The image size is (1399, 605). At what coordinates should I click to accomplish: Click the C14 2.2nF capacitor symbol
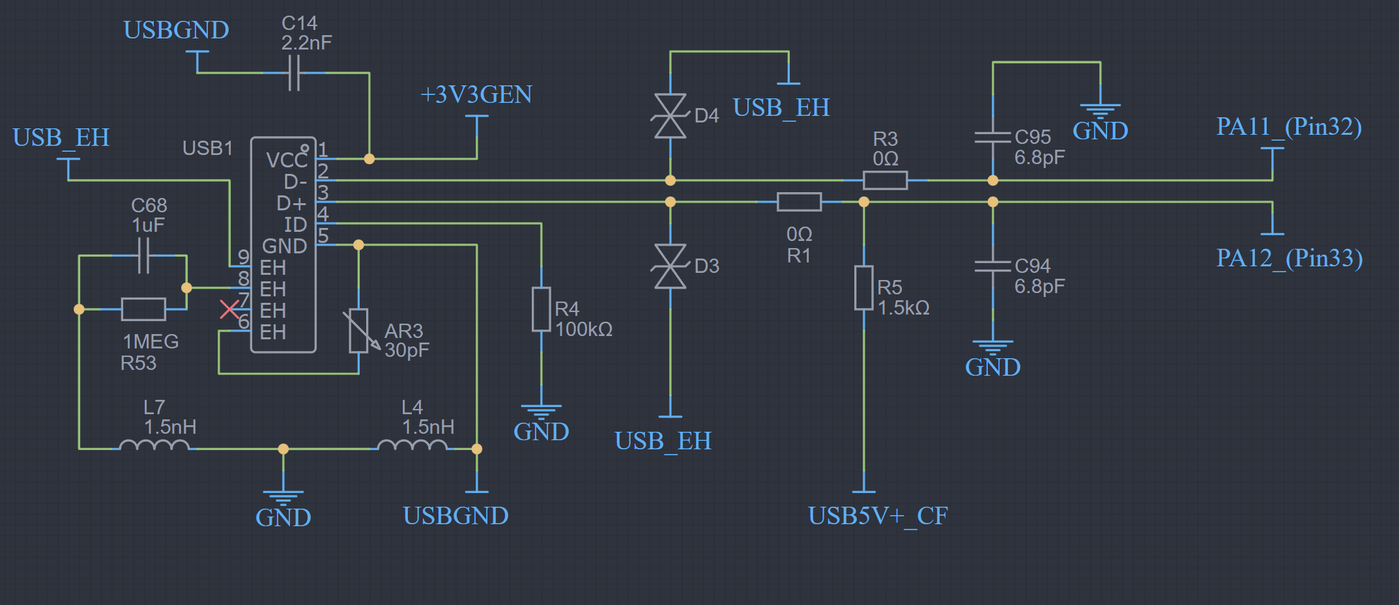click(294, 72)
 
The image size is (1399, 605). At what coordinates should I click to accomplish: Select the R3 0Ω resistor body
click(885, 180)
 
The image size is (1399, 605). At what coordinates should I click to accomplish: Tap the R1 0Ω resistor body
click(799, 202)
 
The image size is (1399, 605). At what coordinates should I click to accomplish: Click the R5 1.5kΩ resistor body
click(864, 287)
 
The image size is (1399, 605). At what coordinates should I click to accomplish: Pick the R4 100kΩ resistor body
click(541, 309)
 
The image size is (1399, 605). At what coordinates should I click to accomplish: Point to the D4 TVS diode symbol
click(671, 116)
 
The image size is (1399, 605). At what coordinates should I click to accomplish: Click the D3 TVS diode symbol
click(671, 266)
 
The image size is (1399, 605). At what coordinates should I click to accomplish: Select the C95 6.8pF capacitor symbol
click(992, 137)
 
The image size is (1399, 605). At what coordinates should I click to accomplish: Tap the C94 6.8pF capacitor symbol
click(992, 266)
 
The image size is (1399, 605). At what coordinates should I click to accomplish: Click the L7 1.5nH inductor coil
click(154, 445)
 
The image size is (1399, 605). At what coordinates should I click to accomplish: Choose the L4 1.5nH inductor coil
click(412, 445)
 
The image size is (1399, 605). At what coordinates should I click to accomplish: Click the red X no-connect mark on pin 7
click(229, 309)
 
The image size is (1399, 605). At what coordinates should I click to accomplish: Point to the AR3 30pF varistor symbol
click(359, 331)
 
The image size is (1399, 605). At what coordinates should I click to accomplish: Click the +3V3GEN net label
click(476, 95)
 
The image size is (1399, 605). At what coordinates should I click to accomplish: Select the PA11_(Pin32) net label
click(1289, 126)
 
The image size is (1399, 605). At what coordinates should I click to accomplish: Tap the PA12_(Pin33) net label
click(1289, 258)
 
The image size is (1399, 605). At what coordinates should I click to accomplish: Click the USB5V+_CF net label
click(877, 516)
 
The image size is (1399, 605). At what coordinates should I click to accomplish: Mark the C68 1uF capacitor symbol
click(144, 255)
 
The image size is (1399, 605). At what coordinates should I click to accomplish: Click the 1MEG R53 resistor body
click(143, 309)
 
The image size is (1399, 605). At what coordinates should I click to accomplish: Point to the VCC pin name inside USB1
click(286, 160)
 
